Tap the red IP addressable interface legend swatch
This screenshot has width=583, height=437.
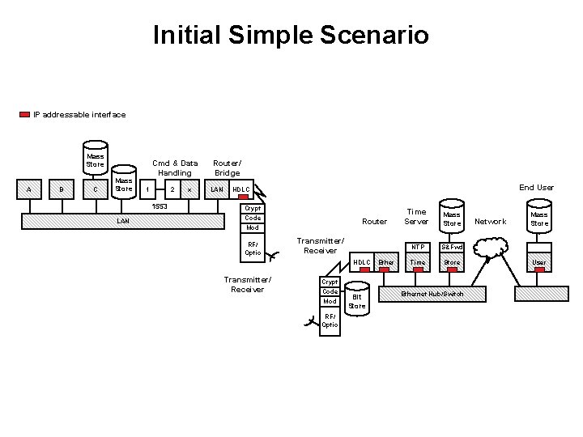tap(24, 115)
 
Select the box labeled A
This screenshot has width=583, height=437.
tap(30, 190)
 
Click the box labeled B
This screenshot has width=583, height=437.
tap(62, 190)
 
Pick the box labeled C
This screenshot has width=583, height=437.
tap(96, 190)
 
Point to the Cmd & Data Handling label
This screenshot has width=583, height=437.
tap(175, 168)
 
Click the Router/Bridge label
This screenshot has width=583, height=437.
tap(227, 168)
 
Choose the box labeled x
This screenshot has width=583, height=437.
tap(189, 190)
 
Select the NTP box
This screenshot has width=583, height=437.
tap(417, 247)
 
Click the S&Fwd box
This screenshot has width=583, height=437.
tap(451, 247)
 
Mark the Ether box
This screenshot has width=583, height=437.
tap(386, 263)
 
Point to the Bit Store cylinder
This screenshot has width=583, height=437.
tap(357, 299)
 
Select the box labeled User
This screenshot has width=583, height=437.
tap(538, 263)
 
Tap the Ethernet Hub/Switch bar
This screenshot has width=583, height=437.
tap(433, 294)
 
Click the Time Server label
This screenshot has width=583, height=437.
tap(416, 216)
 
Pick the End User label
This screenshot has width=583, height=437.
tap(536, 188)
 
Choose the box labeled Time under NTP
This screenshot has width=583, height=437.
tap(417, 263)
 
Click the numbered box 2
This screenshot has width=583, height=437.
tap(172, 190)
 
